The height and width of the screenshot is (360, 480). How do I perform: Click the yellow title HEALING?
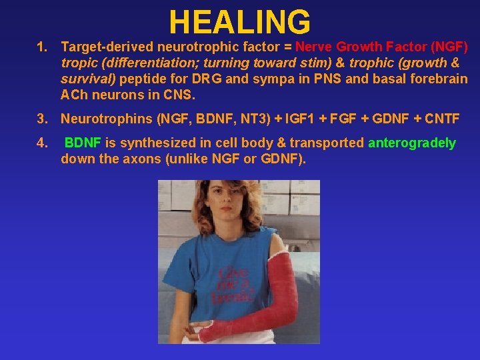pyautogui.click(x=240, y=21)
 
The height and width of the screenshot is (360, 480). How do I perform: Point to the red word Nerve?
pyautogui.click(x=314, y=47)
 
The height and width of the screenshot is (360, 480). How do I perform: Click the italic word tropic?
pyautogui.click(x=77, y=63)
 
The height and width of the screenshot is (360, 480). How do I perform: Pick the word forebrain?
pyautogui.click(x=437, y=79)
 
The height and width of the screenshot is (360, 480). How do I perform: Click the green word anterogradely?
pyautogui.click(x=412, y=143)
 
